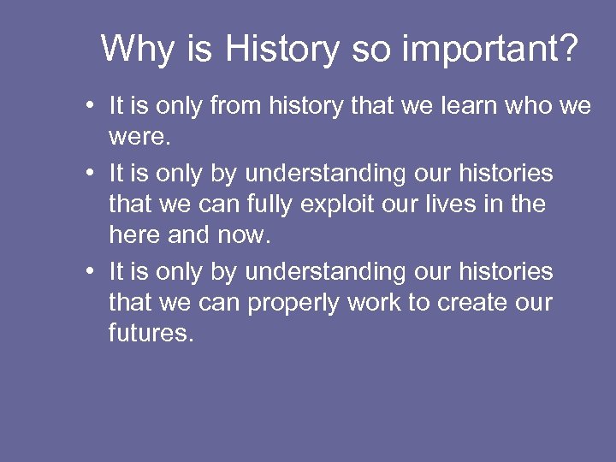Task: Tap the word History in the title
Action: coord(281,49)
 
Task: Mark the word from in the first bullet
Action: coord(238,107)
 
